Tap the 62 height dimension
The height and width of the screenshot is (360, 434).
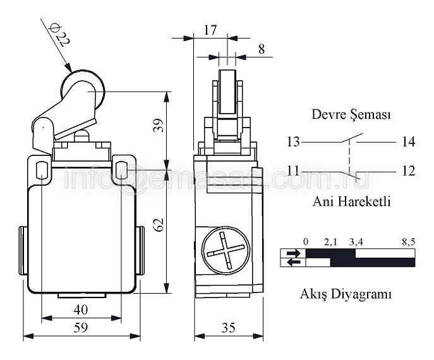coord(159,224)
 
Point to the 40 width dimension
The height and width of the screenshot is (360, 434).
coord(80,309)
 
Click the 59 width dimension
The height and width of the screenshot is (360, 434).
coord(80,327)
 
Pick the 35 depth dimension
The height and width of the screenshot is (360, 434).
coord(228,327)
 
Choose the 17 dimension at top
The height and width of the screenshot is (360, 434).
coord(210,29)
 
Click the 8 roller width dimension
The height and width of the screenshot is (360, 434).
coord(262,48)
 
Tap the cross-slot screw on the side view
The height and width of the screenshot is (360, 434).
coord(225,251)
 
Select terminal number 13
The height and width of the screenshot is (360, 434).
coord(293,141)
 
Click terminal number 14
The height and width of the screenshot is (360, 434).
coord(408,141)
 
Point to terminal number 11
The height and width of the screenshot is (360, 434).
coord(293,171)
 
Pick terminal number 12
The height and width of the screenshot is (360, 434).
coord(408,171)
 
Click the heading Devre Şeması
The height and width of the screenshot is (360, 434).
coord(351,115)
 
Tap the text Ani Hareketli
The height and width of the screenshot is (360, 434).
coord(352,202)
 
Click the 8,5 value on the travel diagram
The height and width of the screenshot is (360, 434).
coord(407,241)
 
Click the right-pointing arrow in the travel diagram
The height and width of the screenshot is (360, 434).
coord(293,253)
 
